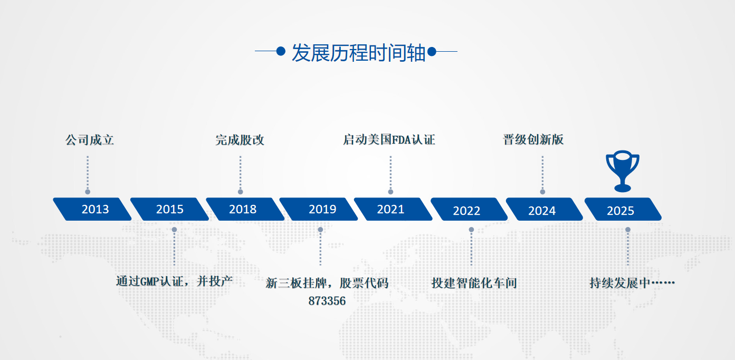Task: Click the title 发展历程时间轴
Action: (358, 52)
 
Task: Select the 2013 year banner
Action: (92, 209)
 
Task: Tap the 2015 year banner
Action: (170, 209)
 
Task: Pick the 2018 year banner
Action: (245, 209)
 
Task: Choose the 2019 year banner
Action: (319, 209)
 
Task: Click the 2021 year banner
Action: (393, 209)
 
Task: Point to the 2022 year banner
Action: (469, 209)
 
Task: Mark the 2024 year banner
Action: (545, 209)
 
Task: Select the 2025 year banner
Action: (623, 209)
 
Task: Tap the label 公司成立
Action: (90, 140)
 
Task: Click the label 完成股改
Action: (240, 140)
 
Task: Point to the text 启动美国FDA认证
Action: (389, 140)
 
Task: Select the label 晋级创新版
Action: (533, 140)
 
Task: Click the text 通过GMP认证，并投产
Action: (174, 281)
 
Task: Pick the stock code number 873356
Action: (327, 301)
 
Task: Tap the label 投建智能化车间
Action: (474, 283)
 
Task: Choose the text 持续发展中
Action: (620, 283)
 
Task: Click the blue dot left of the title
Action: (281, 51)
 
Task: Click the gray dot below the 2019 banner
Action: (320, 230)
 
